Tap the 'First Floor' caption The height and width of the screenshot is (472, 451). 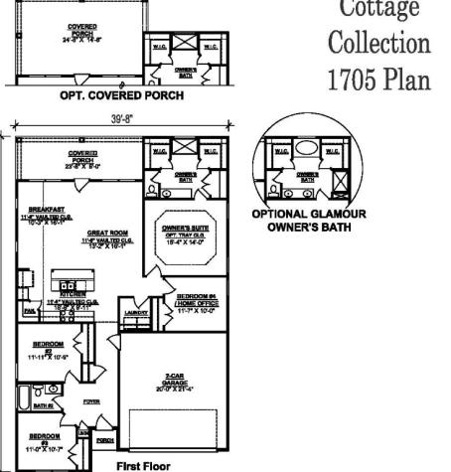[x=144, y=464]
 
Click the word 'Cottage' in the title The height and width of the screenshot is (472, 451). [x=379, y=10]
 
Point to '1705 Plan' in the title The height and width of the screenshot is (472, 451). [x=379, y=79]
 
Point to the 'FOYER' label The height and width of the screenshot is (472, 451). [x=91, y=401]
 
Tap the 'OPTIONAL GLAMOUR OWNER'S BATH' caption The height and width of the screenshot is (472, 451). [x=309, y=220]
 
